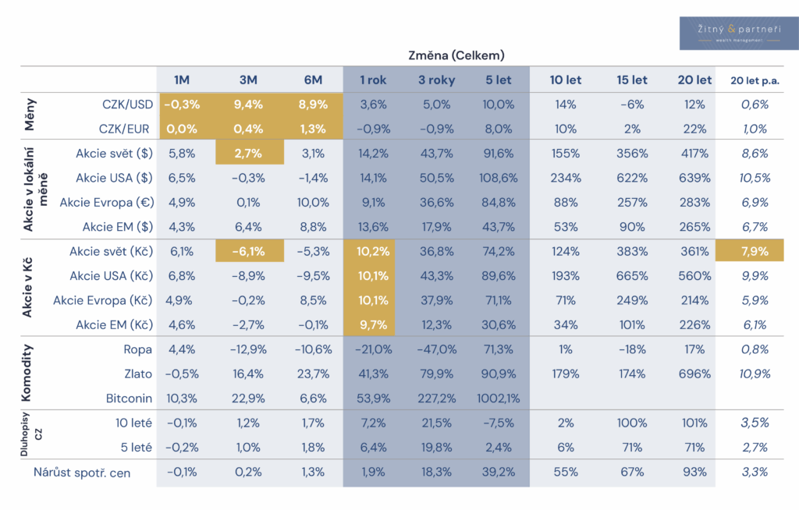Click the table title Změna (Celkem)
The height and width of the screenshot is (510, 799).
click(x=456, y=55)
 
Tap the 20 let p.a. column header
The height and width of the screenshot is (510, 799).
click(x=755, y=80)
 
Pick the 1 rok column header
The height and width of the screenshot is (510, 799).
click(x=374, y=80)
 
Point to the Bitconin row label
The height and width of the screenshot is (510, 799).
click(x=130, y=398)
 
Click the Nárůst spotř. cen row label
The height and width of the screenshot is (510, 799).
click(x=82, y=472)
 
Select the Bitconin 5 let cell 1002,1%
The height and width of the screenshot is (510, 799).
click(x=496, y=398)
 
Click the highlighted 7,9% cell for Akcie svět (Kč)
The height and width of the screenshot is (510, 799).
click(x=755, y=251)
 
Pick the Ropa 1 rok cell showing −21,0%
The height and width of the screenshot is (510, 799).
click(x=374, y=349)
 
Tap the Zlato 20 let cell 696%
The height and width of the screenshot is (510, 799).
click(x=694, y=374)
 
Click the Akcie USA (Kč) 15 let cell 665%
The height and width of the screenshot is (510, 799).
click(x=631, y=276)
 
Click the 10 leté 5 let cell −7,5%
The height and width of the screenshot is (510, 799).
click(x=498, y=423)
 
